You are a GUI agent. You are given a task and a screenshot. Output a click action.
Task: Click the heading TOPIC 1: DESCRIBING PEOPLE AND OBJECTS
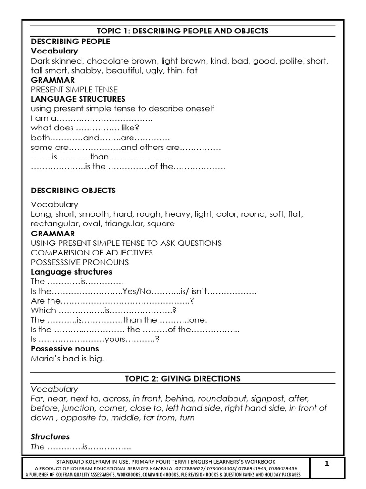point(183,31)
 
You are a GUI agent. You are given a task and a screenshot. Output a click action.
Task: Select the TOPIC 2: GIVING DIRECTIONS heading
point(183,379)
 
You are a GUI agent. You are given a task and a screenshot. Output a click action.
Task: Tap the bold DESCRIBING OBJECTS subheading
point(73,191)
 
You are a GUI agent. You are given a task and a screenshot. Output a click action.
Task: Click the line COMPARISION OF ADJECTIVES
point(92,253)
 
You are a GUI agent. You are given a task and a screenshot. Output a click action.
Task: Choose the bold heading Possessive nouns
point(65,349)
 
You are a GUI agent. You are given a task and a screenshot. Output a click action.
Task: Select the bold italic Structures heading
point(51,437)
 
